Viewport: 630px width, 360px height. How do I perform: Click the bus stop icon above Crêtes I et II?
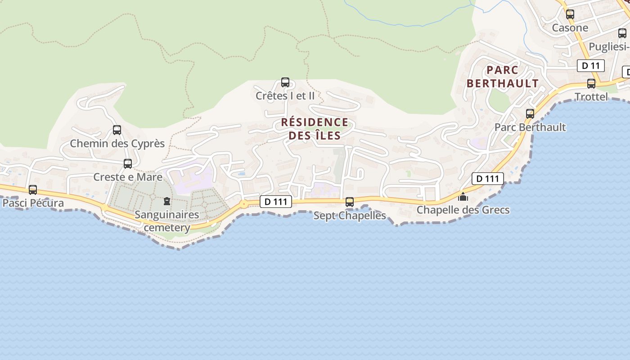285,82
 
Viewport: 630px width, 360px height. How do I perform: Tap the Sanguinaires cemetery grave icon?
167,201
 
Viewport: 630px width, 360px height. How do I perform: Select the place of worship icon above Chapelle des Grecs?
463,197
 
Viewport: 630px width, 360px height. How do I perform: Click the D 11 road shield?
590,66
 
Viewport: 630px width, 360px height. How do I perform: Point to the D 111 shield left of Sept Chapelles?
276,202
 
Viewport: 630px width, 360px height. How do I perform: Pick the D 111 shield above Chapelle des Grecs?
487,179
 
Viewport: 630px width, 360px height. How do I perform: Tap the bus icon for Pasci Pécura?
33,190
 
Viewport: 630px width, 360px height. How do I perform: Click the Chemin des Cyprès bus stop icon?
117,130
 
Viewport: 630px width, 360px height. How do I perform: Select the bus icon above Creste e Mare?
128,164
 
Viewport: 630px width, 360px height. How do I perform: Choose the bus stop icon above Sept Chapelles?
350,202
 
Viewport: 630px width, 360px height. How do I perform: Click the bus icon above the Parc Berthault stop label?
530,114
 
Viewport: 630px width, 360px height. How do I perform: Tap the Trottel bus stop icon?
591,84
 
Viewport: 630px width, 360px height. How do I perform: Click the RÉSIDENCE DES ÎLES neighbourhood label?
315,129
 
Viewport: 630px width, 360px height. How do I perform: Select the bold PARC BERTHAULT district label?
502,77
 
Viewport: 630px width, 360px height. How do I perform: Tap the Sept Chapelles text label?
350,216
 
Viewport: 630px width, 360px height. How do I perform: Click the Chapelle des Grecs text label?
463,210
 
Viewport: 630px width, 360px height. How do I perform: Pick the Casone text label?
570,28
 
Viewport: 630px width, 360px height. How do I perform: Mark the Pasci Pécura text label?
33,203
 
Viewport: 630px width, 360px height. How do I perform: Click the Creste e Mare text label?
128,177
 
